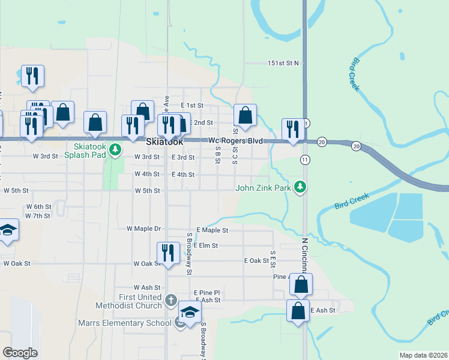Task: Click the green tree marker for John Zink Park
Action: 301,188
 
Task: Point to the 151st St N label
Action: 283,63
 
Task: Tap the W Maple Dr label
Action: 144,229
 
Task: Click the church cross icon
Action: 170,299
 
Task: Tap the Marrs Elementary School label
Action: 125,323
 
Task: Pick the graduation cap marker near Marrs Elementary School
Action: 190,313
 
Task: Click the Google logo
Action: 20,352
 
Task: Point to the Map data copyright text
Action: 424,355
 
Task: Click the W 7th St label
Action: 38,215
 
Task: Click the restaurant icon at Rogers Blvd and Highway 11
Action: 292,128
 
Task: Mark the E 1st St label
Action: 193,105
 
